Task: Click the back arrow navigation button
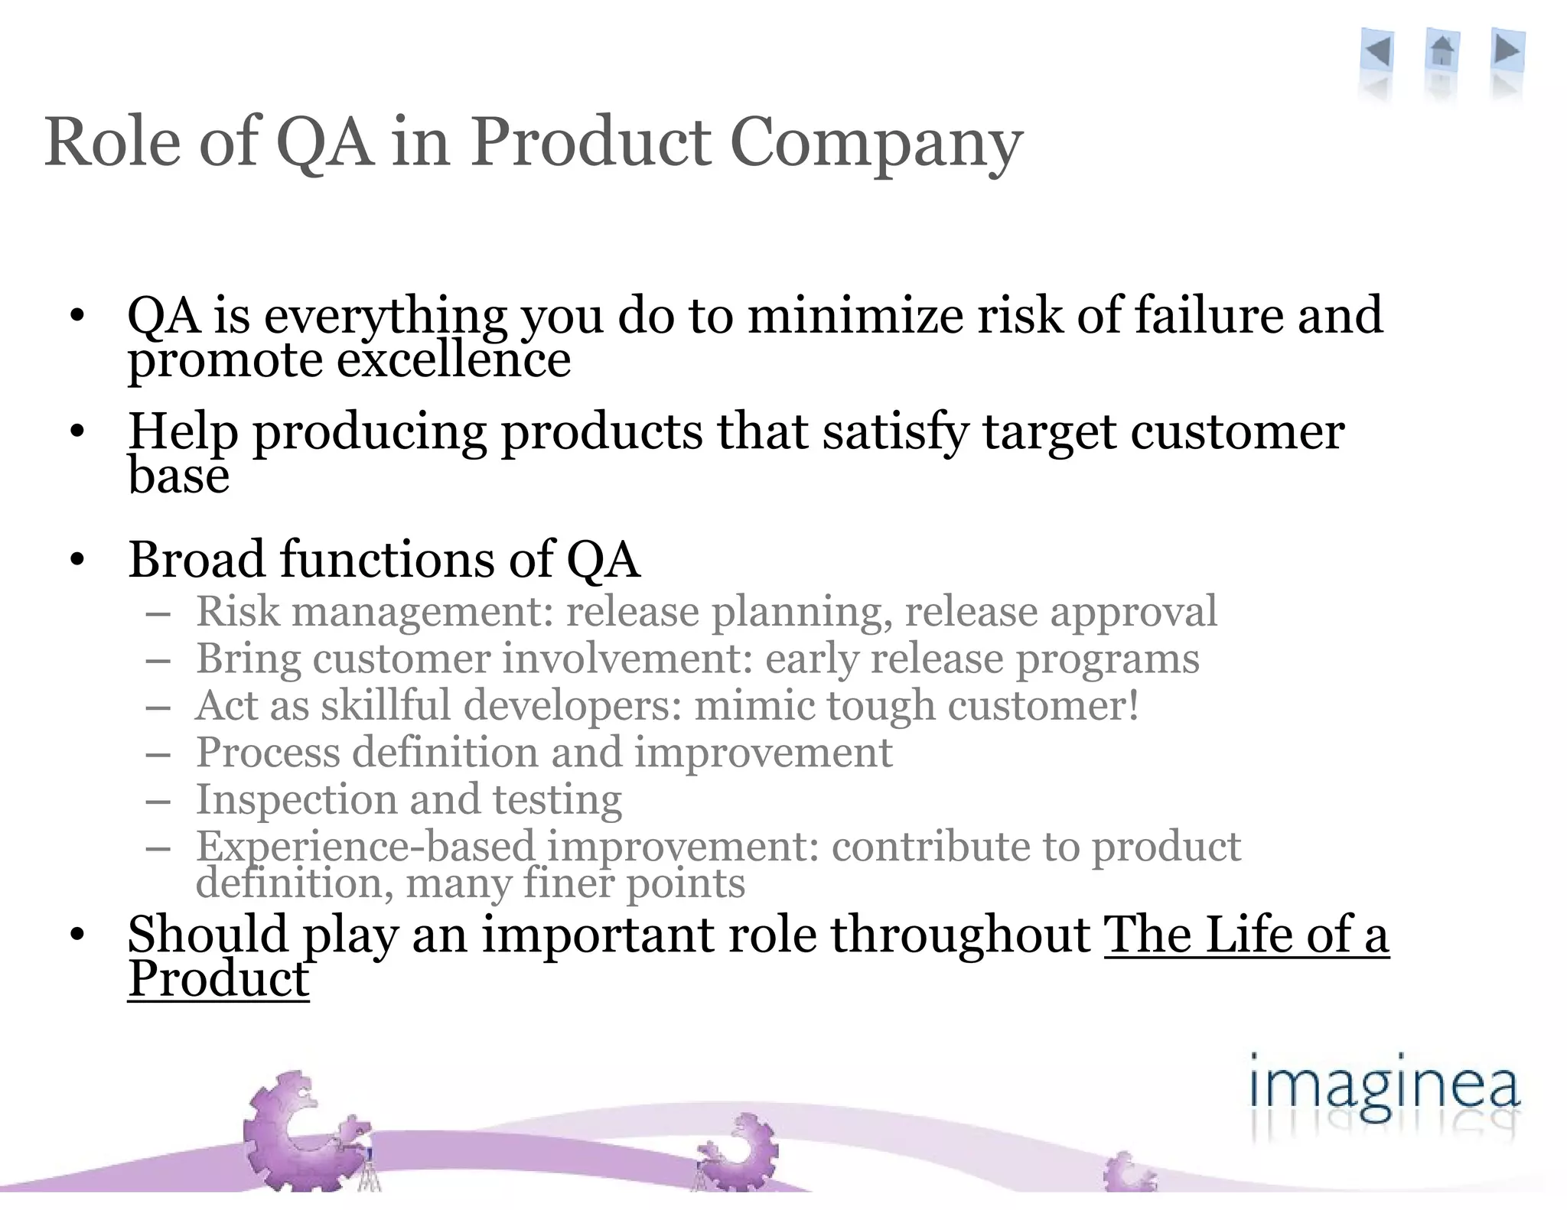(1378, 52)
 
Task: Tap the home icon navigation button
(1442, 52)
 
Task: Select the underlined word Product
(218, 979)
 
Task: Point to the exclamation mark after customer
(1132, 705)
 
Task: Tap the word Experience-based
(365, 846)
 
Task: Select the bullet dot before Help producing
(77, 433)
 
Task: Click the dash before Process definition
(158, 753)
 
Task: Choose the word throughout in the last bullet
(960, 935)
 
